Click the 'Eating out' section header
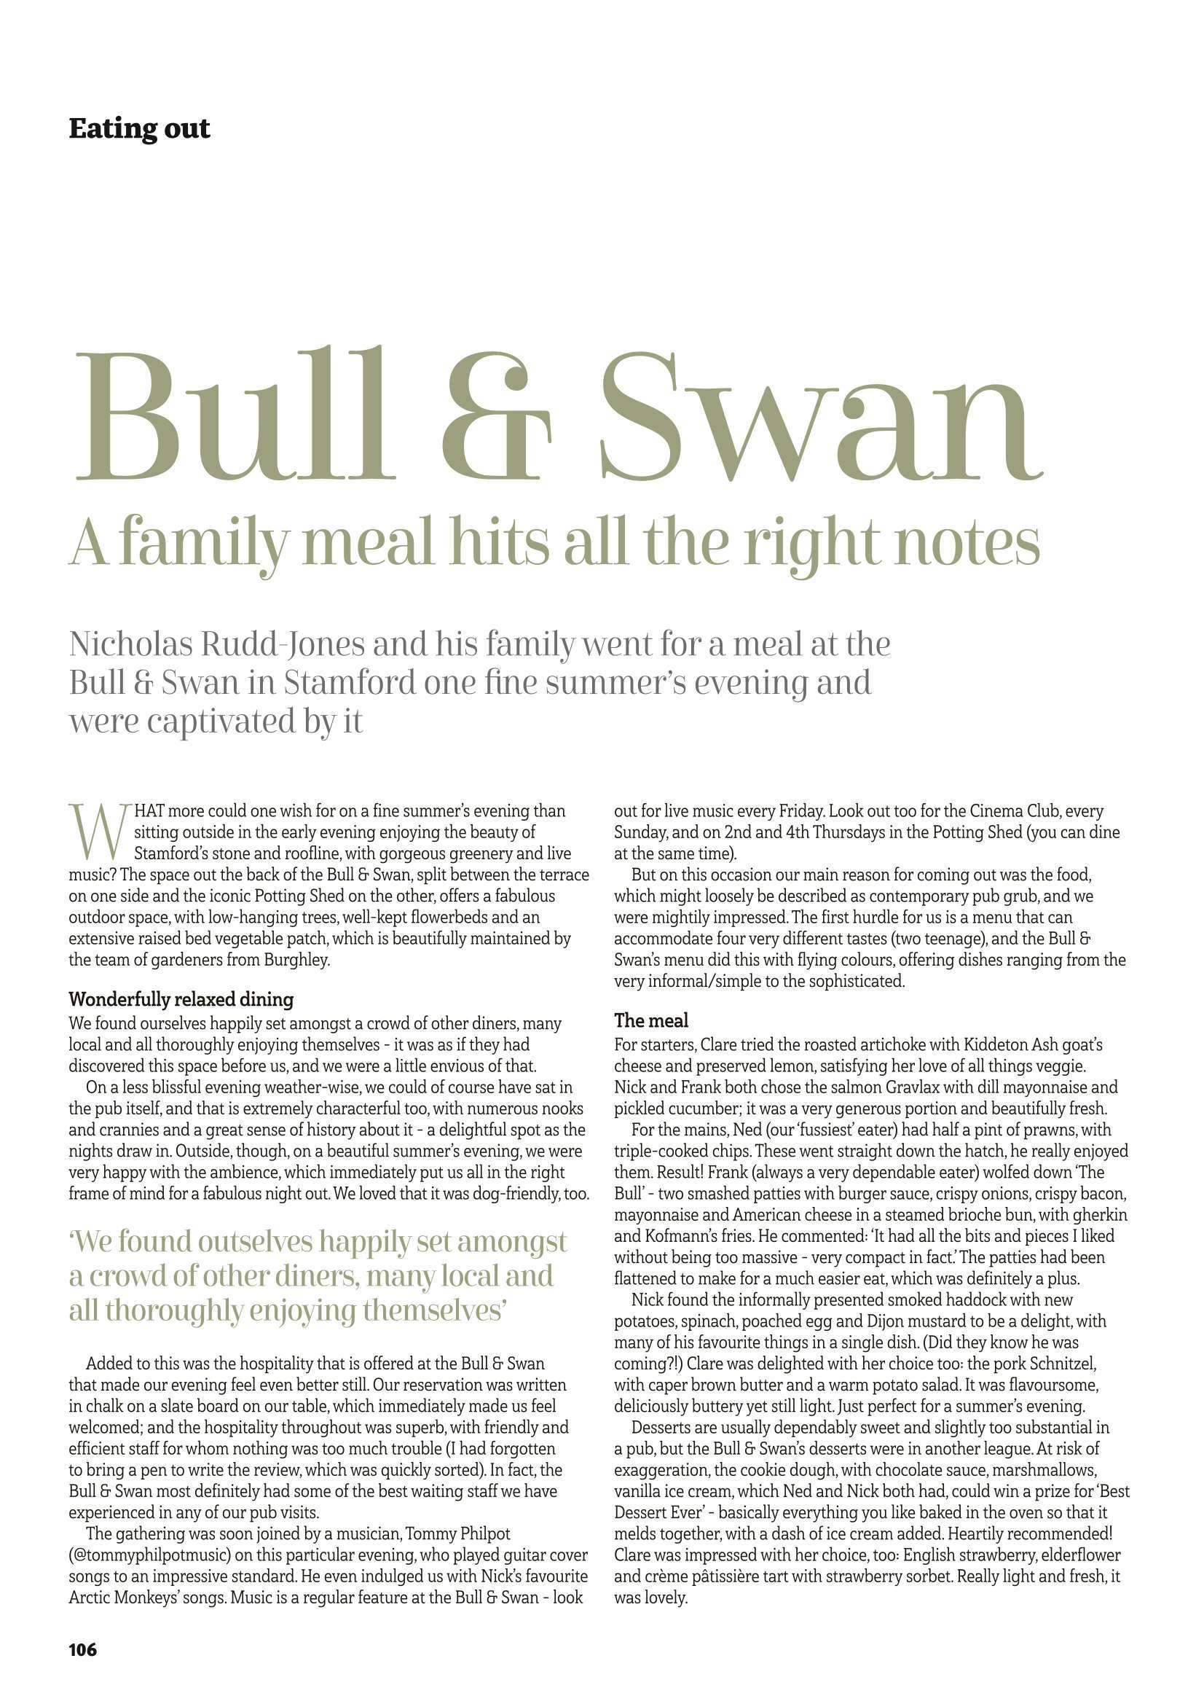tap(139, 128)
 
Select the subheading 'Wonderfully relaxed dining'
tap(181, 1000)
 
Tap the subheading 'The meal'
tap(651, 1021)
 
